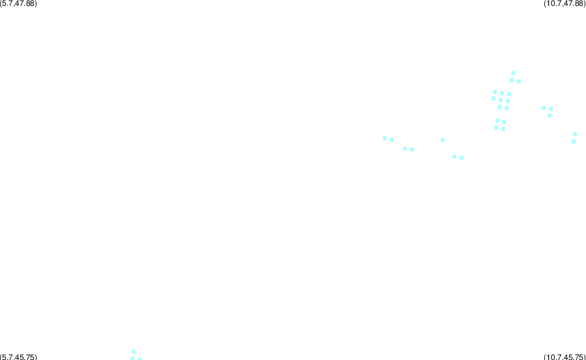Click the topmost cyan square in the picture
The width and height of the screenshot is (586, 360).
click(513, 73)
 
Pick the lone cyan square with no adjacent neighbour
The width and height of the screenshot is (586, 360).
click(443, 140)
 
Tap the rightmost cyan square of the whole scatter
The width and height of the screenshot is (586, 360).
click(575, 134)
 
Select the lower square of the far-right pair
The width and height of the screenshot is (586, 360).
click(574, 142)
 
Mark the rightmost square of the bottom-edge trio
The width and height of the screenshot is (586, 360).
click(139, 359)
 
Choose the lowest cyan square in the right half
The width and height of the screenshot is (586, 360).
click(461, 158)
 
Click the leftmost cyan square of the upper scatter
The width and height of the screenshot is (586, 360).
click(385, 138)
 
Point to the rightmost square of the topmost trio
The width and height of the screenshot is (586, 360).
click(519, 82)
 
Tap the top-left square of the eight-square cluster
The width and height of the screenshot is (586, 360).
click(495, 92)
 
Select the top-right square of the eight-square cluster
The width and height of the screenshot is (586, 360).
click(509, 94)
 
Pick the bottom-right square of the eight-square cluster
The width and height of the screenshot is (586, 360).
click(506, 108)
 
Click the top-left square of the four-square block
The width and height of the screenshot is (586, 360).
click(497, 121)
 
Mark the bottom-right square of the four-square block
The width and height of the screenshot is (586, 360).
click(503, 129)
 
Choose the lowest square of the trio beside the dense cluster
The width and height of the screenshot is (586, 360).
click(549, 115)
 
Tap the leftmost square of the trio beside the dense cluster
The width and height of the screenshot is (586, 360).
click(544, 108)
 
